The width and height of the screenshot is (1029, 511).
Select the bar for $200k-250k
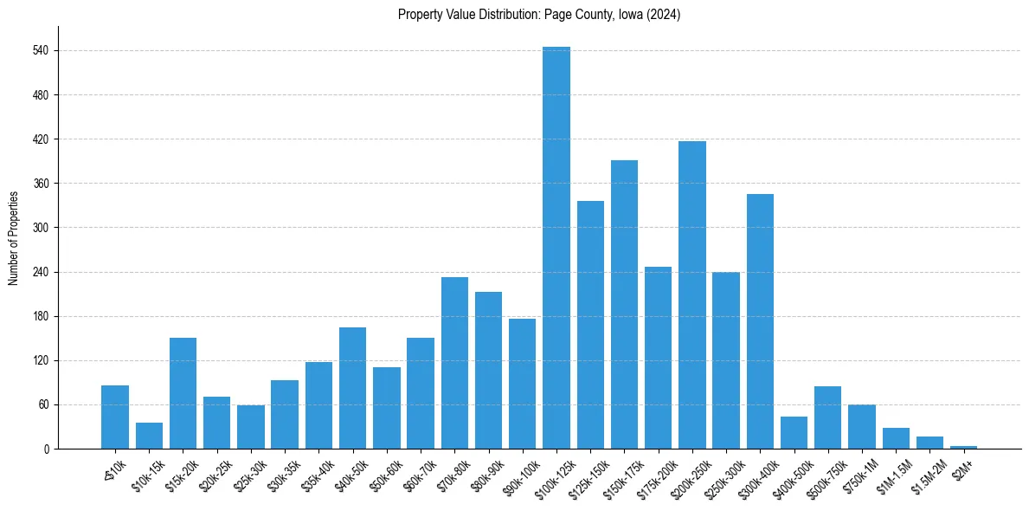[x=692, y=294]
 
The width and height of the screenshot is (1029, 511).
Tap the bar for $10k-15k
[x=149, y=436]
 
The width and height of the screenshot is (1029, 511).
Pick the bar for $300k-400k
[x=760, y=321]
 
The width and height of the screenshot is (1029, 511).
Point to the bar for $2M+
[x=963, y=447]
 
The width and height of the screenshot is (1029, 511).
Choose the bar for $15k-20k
[x=183, y=393]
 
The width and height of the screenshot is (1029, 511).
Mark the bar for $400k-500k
[x=794, y=433]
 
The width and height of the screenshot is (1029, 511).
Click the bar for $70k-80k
[x=454, y=363]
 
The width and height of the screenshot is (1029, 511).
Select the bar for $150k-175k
[x=624, y=304]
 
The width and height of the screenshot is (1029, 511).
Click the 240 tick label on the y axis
[x=45, y=272]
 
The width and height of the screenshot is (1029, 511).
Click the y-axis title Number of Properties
[x=13, y=237]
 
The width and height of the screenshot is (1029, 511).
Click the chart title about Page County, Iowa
[x=539, y=15]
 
